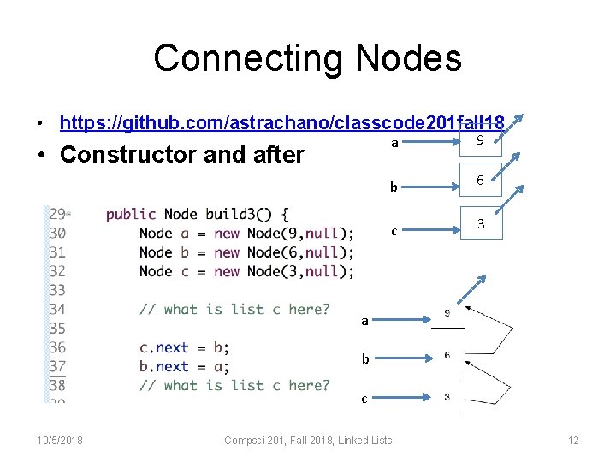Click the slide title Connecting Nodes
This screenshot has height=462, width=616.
[x=307, y=59]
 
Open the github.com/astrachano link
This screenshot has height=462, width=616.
[x=281, y=122]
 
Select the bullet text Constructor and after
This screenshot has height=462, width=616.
[x=182, y=155]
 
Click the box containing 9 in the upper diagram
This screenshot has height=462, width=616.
[x=480, y=140]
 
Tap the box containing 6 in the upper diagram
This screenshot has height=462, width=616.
[x=480, y=181]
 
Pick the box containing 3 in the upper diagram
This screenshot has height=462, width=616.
[x=481, y=223]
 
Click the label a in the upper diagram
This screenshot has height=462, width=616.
[x=394, y=143]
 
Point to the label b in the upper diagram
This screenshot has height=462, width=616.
[x=394, y=187]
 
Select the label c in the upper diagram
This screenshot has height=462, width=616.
[x=394, y=230]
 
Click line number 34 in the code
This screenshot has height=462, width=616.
[x=57, y=309]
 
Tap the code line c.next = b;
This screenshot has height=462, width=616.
[x=184, y=347]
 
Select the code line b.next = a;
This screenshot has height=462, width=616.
[x=184, y=366]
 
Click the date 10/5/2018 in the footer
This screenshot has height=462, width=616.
[x=60, y=440]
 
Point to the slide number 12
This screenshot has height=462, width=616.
[x=573, y=440]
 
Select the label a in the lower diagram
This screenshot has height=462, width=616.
[x=364, y=321]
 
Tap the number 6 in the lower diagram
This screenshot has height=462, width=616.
[x=447, y=355]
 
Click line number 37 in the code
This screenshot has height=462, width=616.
[x=57, y=366]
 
